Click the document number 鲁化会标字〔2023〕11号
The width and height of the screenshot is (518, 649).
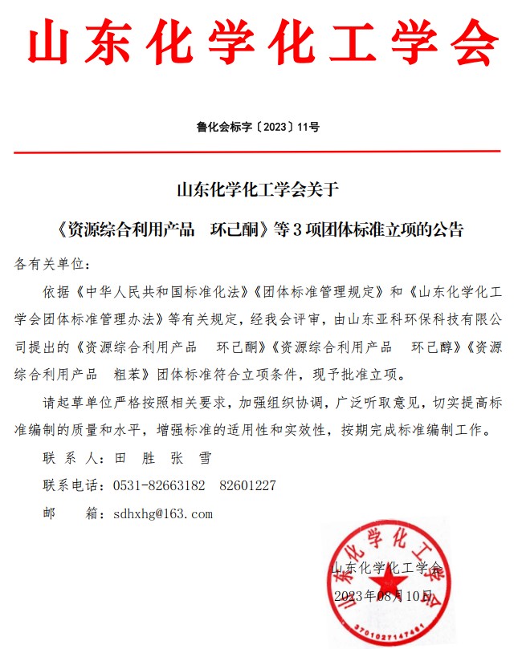pos(258,127)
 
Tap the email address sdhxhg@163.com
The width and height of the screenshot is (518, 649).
pos(163,513)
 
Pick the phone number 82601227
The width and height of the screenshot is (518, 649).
pos(247,485)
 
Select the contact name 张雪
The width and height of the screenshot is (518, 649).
pos(191,458)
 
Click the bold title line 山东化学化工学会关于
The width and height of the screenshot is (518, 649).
pos(258,191)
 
